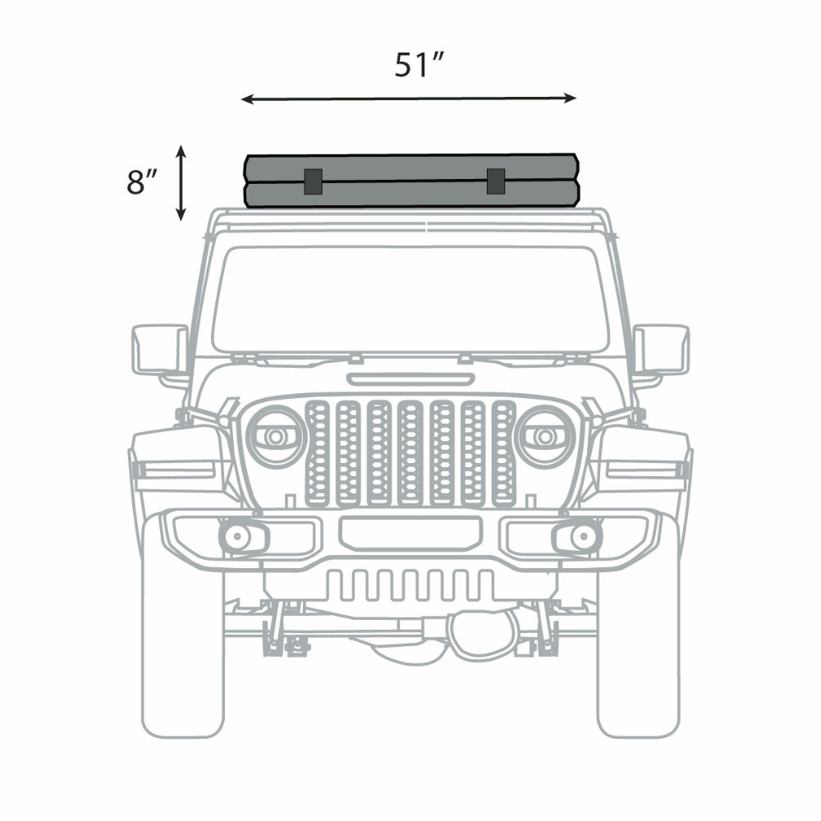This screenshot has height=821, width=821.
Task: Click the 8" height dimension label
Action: (141, 182)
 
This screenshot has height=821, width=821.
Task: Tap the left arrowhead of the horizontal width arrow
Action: (245, 99)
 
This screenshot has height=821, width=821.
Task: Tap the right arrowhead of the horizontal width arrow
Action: (571, 99)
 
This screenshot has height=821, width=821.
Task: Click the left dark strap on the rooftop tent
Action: (313, 181)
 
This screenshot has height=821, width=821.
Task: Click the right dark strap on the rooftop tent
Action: (495, 181)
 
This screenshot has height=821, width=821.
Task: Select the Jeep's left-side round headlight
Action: (276, 436)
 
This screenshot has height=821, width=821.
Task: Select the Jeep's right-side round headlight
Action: (544, 436)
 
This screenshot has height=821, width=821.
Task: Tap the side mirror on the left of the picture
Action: (159, 350)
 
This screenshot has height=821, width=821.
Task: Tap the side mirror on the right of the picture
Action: (661, 350)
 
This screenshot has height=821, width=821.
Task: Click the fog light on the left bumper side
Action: (239, 538)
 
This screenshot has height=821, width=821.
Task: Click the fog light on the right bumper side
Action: (581, 538)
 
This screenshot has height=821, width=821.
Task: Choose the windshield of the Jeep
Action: (410, 300)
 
